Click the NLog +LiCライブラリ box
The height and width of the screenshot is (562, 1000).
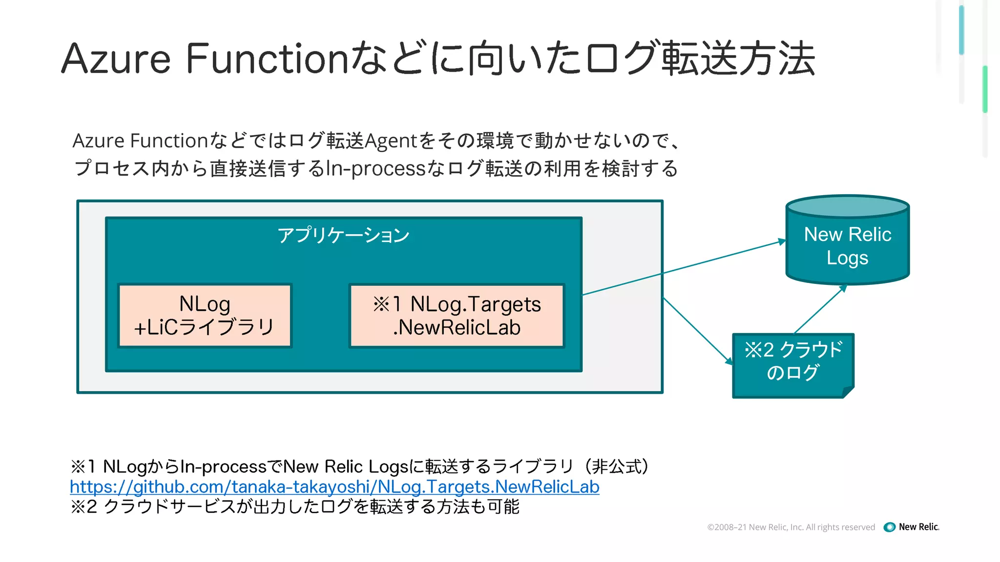205,316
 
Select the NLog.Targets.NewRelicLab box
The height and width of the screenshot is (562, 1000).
457,316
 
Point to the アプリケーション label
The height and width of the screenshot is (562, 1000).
343,235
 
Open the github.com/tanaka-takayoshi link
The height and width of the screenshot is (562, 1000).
334,487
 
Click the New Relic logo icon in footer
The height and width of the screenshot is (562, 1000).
890,527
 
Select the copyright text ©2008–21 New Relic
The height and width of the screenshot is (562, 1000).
791,527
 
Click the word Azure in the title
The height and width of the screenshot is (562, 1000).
116,59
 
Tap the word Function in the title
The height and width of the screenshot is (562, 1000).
267,59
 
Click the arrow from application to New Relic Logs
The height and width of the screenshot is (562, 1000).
684,268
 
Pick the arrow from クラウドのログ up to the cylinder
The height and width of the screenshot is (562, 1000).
820,309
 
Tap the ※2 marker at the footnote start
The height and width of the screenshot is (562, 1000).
84,507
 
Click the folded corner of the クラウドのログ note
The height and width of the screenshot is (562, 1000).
849,392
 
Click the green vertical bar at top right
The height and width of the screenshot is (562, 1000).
985,89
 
